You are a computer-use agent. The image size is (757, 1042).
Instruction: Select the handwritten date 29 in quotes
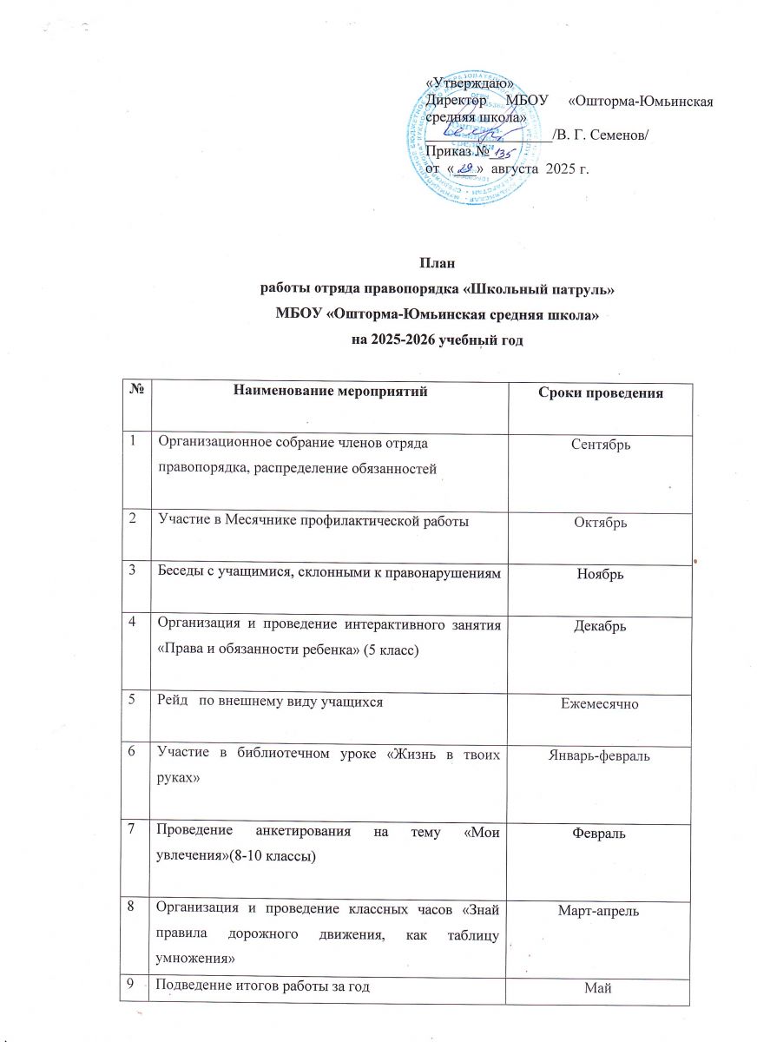[x=465, y=168]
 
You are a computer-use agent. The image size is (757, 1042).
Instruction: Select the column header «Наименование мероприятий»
[x=332, y=392]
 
